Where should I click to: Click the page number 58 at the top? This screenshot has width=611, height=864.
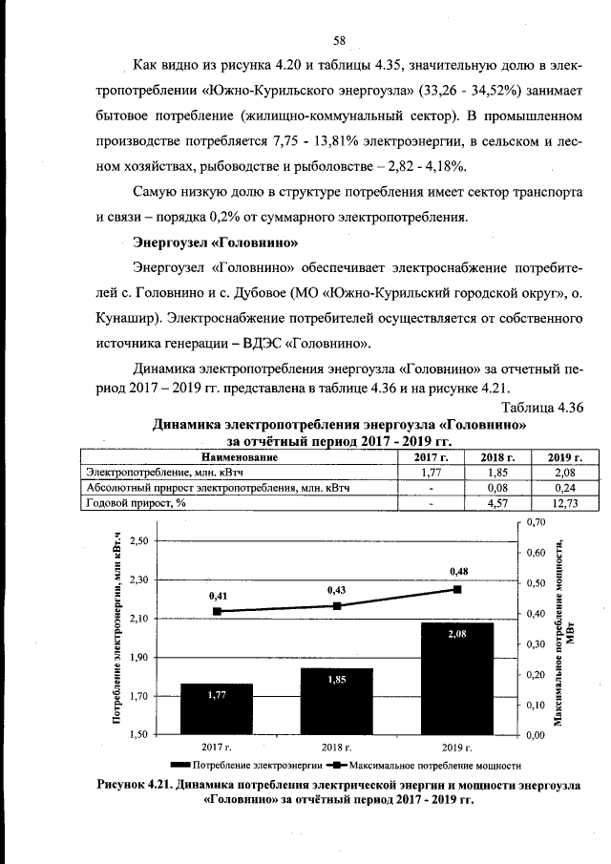pos(338,40)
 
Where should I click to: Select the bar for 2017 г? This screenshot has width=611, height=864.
pos(217,708)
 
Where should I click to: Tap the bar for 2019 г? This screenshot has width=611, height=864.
pos(457,678)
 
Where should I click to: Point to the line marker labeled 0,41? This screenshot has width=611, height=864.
pos(217,611)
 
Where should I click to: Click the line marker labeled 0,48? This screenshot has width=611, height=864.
pos(457,589)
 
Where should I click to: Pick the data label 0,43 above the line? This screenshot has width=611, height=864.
pos(337,590)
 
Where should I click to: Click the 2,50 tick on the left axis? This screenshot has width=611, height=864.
pos(139,540)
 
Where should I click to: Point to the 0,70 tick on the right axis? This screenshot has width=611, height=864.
pos(536,522)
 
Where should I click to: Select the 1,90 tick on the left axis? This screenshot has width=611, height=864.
pos(139,658)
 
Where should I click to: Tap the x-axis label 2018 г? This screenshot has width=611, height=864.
pos(337,747)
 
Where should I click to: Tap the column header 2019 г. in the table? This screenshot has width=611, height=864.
pos(565,457)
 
